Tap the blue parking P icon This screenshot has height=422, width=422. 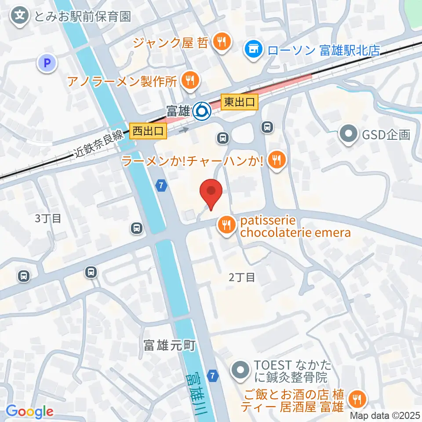47,63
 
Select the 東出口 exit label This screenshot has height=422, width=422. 239,102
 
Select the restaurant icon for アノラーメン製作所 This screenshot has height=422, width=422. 190,80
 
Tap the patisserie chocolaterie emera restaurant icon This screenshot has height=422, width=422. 226,226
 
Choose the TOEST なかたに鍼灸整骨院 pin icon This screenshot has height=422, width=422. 240,370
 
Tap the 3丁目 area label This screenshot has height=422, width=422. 48,218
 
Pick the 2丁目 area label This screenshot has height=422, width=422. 242,277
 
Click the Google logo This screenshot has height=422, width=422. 29,411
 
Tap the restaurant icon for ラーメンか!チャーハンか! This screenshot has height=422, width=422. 276,159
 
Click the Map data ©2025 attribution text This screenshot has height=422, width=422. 385,415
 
